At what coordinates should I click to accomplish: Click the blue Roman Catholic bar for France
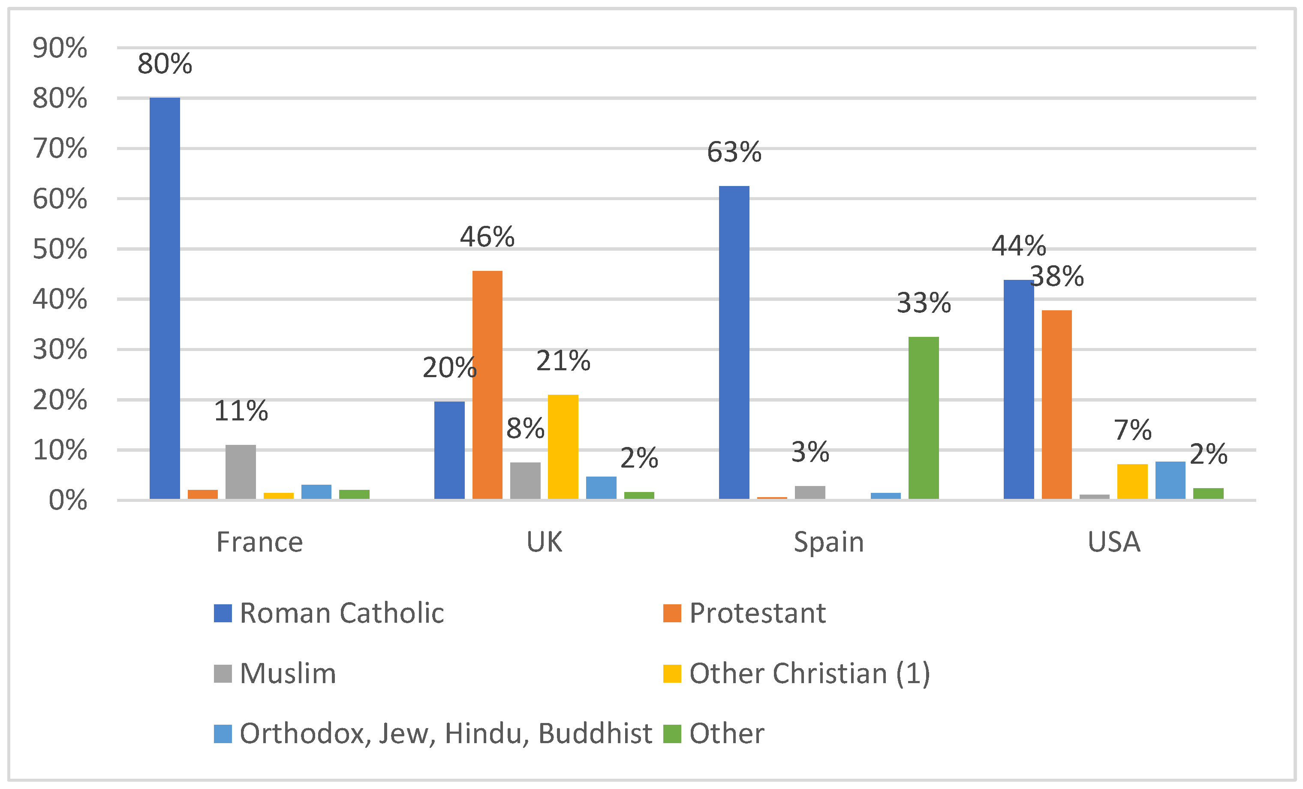(165, 299)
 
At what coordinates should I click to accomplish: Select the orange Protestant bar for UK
(487, 385)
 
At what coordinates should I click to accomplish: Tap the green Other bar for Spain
(923, 417)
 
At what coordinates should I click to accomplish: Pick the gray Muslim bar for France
(241, 472)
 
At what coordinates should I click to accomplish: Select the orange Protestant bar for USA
(1056, 404)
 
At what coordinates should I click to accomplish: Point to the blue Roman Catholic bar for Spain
(734, 342)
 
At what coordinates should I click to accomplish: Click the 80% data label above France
(165, 64)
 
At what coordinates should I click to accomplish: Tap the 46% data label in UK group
(487, 237)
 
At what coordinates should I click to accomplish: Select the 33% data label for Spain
(923, 303)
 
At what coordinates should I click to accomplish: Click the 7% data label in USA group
(1132, 430)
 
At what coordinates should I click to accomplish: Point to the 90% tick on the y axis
(60, 48)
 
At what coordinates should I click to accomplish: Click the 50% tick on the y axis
(60, 249)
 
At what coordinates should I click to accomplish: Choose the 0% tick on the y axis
(68, 500)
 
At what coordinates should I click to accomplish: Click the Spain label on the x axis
(829, 542)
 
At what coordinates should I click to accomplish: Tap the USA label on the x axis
(1113, 542)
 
